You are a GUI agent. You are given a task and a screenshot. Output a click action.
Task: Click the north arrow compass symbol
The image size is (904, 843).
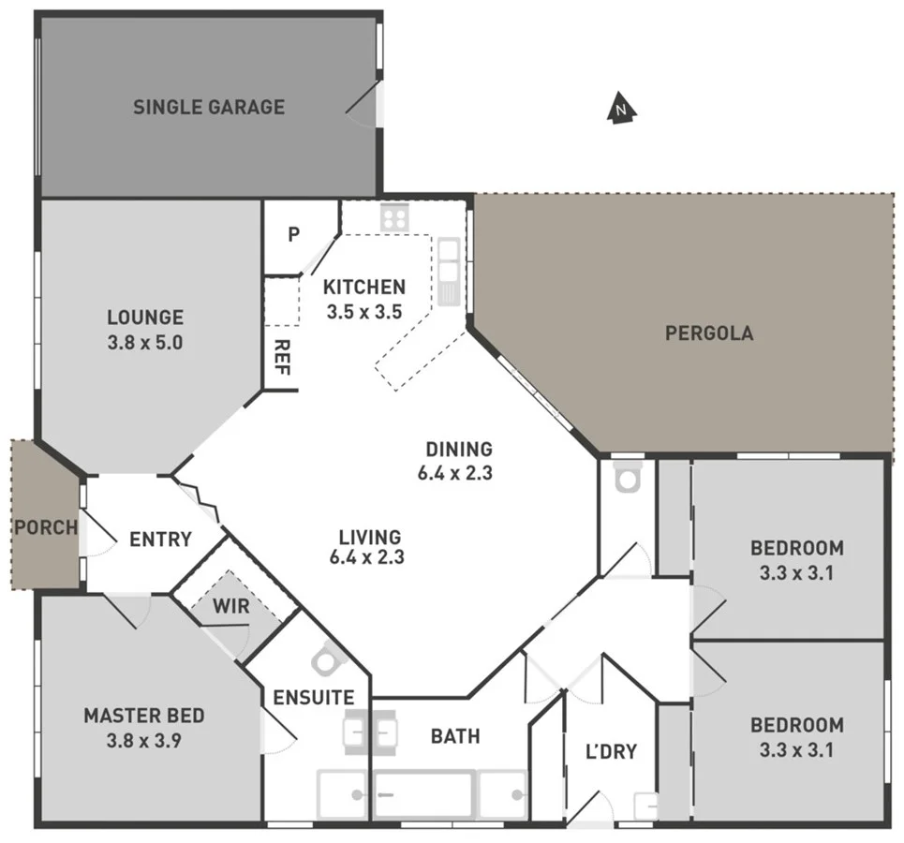(x=620, y=109)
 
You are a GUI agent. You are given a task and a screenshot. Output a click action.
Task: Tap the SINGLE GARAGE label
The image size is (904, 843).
(x=209, y=107)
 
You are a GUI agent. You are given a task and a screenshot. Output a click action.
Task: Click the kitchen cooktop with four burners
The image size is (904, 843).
(x=394, y=218)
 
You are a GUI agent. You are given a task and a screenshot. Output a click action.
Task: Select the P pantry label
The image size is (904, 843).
(x=293, y=234)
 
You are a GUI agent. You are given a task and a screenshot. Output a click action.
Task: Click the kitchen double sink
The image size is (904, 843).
(x=449, y=266)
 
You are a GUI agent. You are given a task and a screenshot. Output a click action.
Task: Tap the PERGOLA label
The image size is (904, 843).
(x=709, y=333)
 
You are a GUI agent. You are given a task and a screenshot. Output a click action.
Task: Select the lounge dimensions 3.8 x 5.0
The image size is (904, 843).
(x=145, y=342)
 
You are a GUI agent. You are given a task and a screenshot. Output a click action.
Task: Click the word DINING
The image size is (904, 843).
(x=459, y=450)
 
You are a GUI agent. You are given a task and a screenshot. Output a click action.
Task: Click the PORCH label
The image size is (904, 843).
(x=45, y=527)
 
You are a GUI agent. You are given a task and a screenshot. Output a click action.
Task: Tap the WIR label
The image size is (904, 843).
(x=231, y=607)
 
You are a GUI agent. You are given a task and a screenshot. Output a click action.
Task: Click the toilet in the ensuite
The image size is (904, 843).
(x=326, y=660)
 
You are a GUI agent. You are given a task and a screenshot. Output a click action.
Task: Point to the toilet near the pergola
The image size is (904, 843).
(x=626, y=479)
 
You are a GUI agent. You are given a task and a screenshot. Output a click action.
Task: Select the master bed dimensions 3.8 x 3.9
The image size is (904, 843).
(x=144, y=740)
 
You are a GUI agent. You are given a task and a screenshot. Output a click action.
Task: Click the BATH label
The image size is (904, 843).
(x=455, y=737)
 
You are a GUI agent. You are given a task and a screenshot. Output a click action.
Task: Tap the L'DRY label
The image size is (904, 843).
(x=611, y=750)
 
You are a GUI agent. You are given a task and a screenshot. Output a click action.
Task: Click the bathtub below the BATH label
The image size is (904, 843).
(x=423, y=794)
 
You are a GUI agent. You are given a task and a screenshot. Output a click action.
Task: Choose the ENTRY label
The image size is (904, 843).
(x=160, y=540)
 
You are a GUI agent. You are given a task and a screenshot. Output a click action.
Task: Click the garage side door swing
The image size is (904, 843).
(x=365, y=101)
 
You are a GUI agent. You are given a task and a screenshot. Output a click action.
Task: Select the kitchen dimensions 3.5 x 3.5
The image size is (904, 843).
(x=364, y=311)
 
